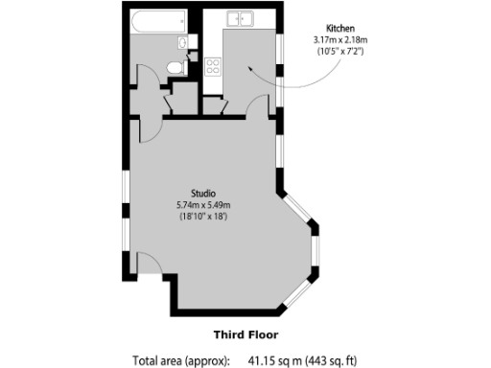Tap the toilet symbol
click(175, 67)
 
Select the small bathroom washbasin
click(184, 42)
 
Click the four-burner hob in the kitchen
click(213, 66)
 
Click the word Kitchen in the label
click(341, 28)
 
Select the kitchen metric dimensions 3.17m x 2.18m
click(341, 39)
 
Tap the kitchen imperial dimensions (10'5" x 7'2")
click(341, 51)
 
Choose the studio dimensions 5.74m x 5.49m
click(202, 205)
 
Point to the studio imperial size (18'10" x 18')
click(202, 217)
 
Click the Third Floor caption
click(245, 334)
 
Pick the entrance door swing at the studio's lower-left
click(146, 264)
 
